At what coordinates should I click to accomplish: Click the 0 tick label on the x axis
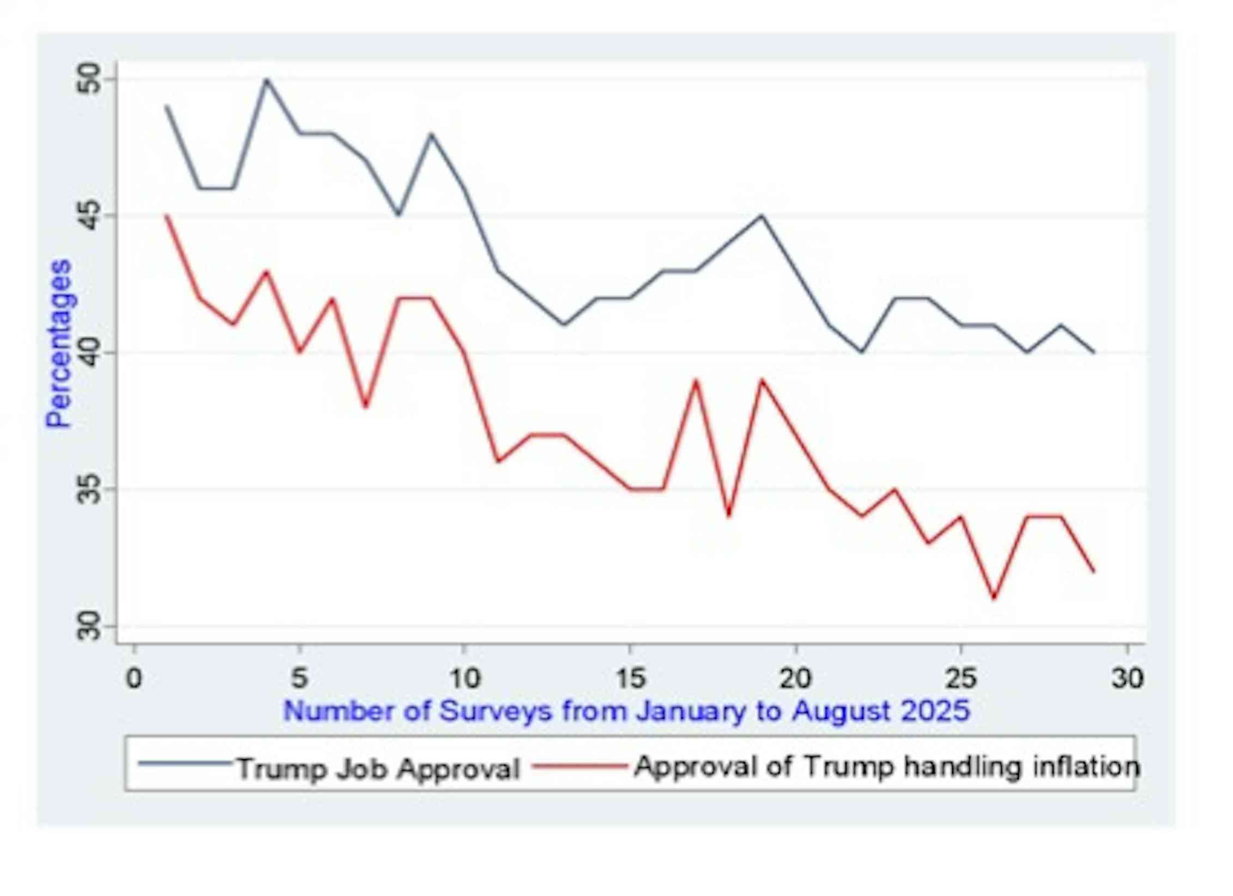coord(134,679)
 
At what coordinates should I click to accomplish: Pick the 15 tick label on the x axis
coord(630,679)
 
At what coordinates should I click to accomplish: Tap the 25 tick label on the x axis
coord(960,679)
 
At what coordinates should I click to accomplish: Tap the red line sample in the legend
coord(580,766)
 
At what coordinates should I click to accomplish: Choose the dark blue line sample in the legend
coord(185,763)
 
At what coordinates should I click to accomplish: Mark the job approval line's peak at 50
coord(267,80)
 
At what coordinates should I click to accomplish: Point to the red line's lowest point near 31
coord(994,598)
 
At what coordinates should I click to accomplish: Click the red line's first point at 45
coord(167,216)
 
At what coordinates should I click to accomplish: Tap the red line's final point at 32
coord(1093,571)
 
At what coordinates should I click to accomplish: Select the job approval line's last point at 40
coord(1093,352)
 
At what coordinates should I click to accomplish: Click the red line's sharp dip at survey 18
coord(729,516)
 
